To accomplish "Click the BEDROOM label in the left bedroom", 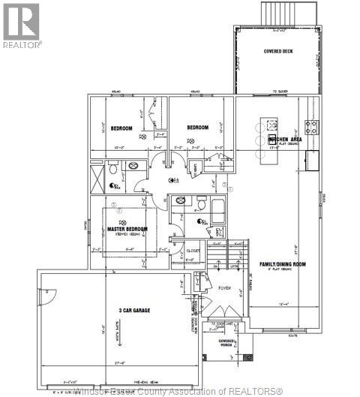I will (x=121, y=128).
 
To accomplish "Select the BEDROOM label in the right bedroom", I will (x=196, y=128).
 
